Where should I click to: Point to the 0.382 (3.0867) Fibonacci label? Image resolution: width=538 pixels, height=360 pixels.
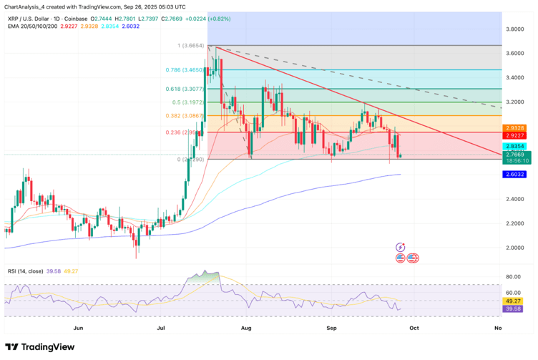click(186, 116)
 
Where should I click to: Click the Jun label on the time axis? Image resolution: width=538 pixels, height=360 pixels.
click(79, 325)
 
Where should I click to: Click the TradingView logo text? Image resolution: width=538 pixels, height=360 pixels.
click(49, 346)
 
